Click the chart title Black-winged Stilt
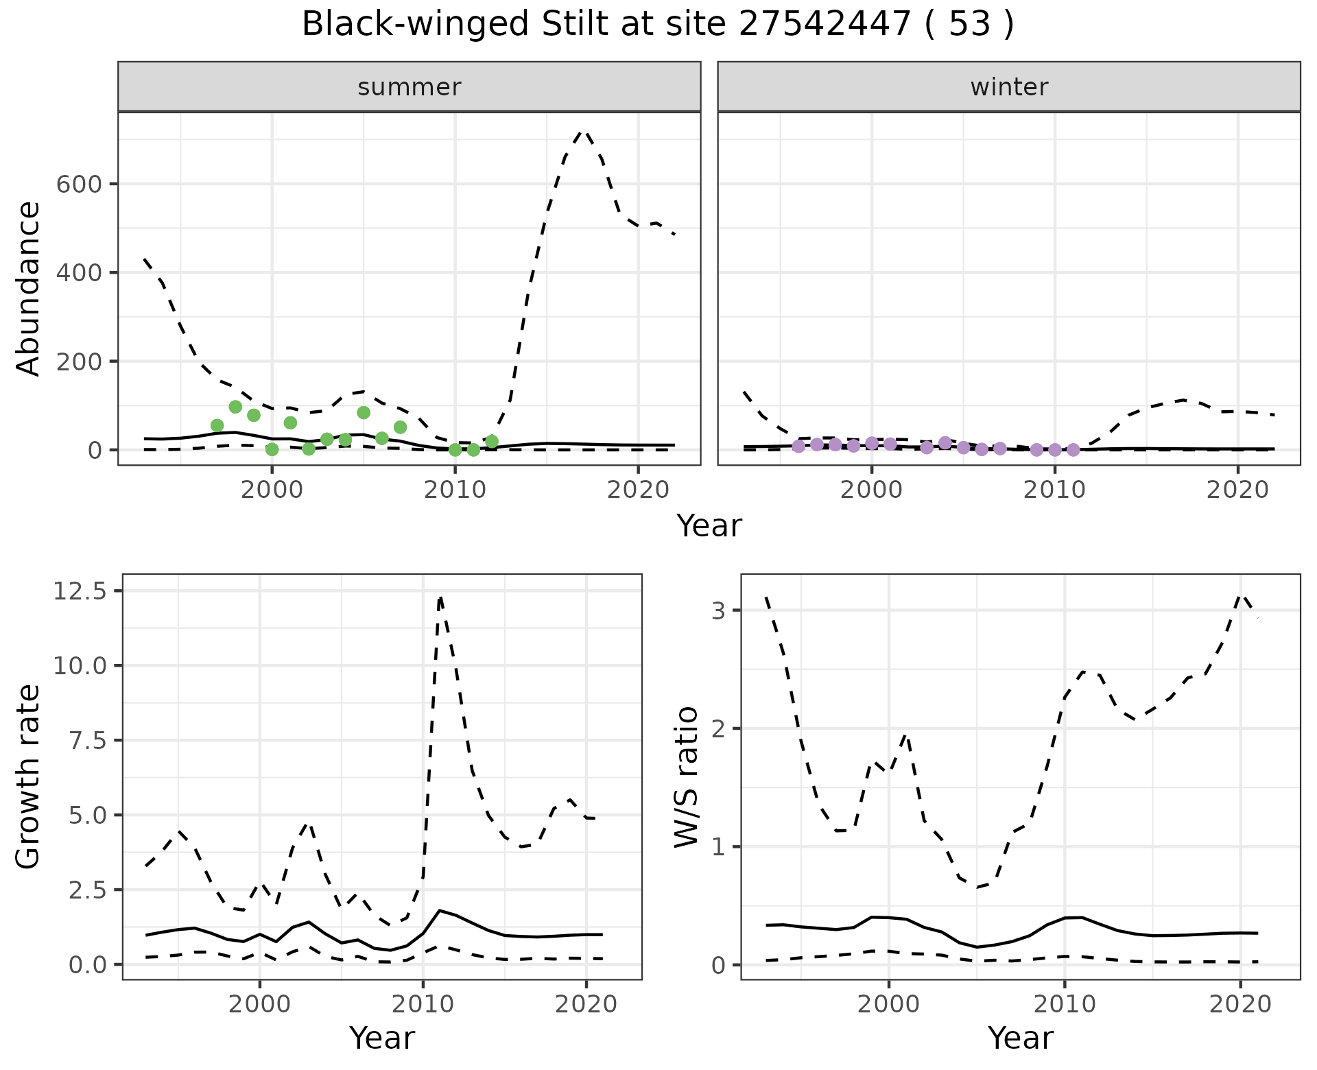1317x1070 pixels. click(x=657, y=25)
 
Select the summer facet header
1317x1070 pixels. click(x=409, y=87)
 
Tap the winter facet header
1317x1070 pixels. click(x=1008, y=87)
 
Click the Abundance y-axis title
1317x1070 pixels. click(x=29, y=289)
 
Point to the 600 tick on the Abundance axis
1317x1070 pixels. click(x=78, y=185)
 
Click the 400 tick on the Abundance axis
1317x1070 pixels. click(x=78, y=273)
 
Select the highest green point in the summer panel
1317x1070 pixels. click(x=235, y=407)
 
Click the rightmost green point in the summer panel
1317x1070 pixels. click(x=492, y=442)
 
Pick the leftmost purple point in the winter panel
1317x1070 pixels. click(x=798, y=447)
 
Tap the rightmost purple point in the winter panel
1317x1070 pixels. click(x=1073, y=450)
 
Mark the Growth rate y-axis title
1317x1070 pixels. click(x=29, y=777)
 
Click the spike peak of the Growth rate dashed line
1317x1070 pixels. click(x=440, y=597)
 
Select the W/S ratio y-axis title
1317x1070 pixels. click(x=686, y=777)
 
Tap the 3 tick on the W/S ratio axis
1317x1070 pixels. click(x=720, y=610)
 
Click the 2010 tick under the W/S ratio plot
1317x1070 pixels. click(x=1064, y=1005)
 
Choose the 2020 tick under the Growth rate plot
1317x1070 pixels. click(x=586, y=1005)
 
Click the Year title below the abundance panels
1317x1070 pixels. click(x=709, y=526)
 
